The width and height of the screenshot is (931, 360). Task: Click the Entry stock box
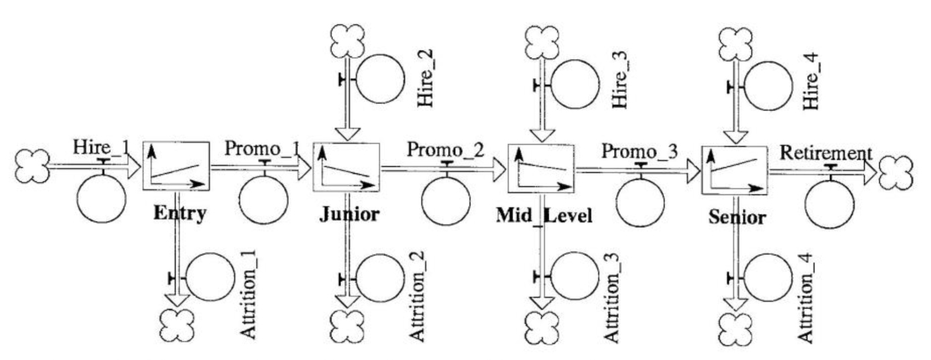point(176,166)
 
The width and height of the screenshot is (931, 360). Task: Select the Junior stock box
point(346,166)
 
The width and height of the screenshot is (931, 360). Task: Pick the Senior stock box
point(735,170)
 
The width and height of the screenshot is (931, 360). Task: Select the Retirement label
point(826,154)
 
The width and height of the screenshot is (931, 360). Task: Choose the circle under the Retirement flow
point(830,204)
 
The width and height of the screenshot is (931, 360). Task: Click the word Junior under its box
point(346,215)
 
